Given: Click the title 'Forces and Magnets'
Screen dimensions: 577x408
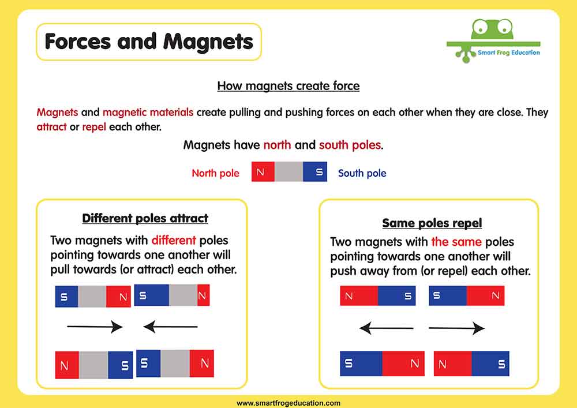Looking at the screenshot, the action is click(149, 41).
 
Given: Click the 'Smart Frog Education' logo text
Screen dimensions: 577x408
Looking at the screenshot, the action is click(508, 53).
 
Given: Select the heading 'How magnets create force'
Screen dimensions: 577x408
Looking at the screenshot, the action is click(288, 86).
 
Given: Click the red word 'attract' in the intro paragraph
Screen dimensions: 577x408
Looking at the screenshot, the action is click(51, 127).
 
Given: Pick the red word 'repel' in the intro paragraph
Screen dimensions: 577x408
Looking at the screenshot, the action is click(94, 128).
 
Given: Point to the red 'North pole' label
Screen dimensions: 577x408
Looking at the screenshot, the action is click(215, 173).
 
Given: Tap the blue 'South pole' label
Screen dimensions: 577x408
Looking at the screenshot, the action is click(362, 173).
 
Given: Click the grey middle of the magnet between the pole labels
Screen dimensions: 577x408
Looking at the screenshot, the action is click(288, 171).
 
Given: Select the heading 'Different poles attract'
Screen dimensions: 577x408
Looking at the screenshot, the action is click(145, 218).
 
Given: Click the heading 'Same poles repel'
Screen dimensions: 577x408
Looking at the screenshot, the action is click(432, 223).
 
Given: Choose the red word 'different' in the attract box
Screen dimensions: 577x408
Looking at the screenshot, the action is click(174, 240).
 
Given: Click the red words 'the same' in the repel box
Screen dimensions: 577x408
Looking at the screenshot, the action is click(456, 242).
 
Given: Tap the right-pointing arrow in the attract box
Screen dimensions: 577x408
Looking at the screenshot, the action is click(95, 327).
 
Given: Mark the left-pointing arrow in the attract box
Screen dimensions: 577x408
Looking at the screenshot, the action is click(170, 326).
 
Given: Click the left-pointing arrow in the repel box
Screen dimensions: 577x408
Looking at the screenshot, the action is click(386, 328).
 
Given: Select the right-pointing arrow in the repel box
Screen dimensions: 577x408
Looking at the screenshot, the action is click(456, 328).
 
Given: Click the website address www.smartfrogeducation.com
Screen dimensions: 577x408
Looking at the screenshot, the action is click(288, 403).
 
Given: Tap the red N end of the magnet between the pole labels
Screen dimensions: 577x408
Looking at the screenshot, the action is click(263, 171).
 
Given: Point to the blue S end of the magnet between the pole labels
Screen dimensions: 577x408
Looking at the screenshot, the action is click(315, 171).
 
